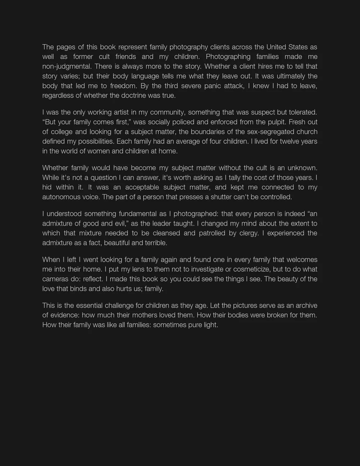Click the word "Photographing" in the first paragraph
228,57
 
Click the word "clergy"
248,233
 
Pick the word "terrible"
156,243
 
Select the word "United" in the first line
276,47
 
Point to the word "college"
61,132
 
